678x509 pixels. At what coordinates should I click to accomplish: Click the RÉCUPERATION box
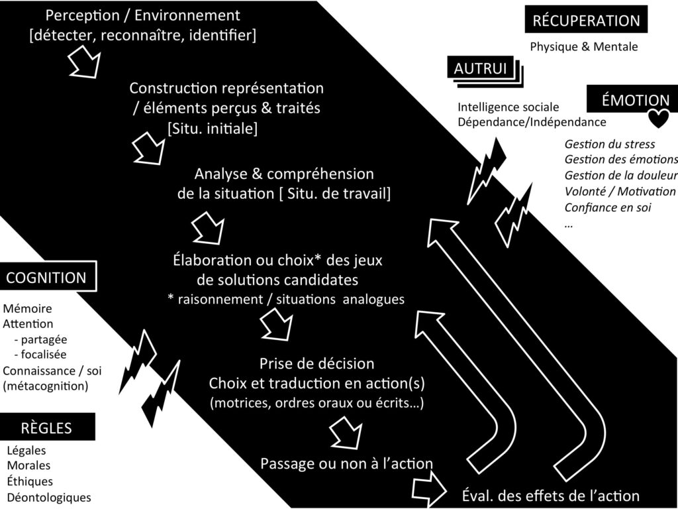coord(586,21)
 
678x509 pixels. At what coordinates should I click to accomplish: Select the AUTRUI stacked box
coord(481,68)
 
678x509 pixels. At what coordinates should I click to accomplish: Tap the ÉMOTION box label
coord(634,101)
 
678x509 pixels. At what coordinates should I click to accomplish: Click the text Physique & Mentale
coord(583,47)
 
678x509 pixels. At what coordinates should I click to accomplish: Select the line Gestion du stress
coord(609,144)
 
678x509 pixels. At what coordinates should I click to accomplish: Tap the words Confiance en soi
coord(607,207)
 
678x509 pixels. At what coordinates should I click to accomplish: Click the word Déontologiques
coord(49,497)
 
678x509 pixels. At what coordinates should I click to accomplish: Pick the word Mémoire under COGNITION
coord(27,309)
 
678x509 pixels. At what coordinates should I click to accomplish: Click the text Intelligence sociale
coord(508,107)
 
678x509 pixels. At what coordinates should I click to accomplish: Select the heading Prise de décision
coord(316,363)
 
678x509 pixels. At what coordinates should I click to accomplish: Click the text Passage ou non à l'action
coord(346,463)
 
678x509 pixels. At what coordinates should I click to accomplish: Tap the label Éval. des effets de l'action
coord(550,495)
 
